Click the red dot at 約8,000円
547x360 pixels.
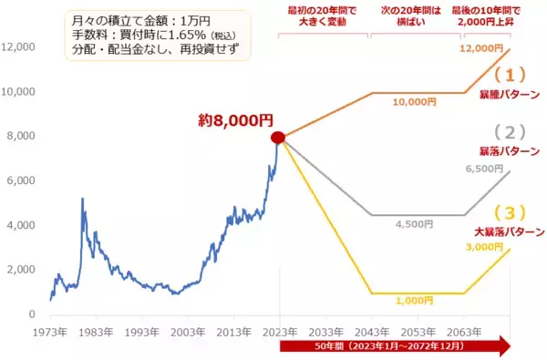278,138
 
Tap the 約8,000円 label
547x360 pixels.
235,120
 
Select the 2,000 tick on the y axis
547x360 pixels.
22,271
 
